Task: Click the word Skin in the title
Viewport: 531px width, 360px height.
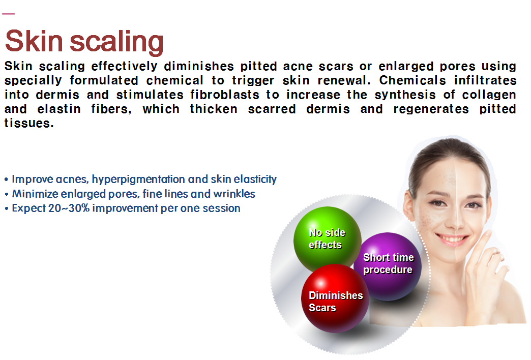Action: [x=33, y=42]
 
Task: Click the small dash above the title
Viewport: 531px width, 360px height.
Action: [x=8, y=14]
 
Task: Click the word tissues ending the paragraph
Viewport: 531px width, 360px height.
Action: [x=28, y=123]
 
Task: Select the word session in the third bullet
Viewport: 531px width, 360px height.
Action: [x=223, y=208]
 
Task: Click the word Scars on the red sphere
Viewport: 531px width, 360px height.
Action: [x=322, y=308]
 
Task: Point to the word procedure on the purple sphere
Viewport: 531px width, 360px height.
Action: [x=388, y=270]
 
